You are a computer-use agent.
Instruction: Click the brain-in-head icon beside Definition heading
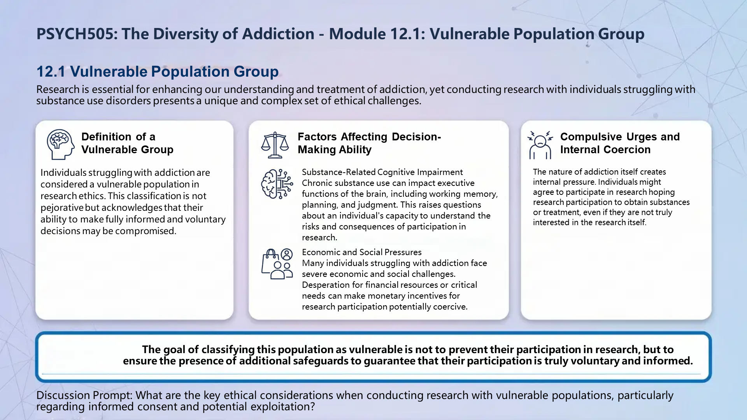pos(60,144)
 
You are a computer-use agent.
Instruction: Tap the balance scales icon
pos(275,145)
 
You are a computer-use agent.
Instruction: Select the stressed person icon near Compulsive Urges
pos(540,145)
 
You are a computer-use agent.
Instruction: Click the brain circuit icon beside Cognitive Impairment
pos(277,184)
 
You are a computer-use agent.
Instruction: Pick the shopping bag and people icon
pos(277,264)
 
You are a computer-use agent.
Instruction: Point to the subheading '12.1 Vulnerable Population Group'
pos(157,72)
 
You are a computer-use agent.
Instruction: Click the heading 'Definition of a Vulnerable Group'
pos(127,143)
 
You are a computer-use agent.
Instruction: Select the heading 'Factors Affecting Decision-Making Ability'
pos(369,143)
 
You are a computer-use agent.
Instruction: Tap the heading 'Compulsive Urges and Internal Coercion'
pos(619,143)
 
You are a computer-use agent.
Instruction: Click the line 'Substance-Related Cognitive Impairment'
pos(382,172)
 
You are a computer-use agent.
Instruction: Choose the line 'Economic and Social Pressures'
pos(361,252)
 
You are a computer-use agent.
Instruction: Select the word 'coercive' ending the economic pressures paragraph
pos(450,307)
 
